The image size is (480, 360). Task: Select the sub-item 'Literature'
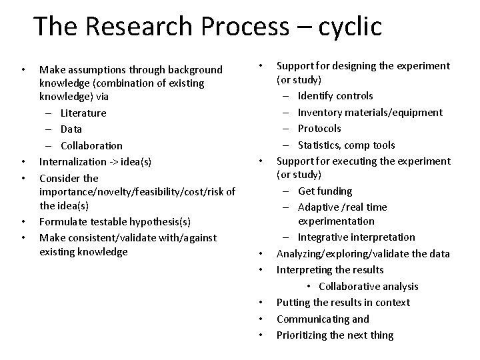(x=83, y=113)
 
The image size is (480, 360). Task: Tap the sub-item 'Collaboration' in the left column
(x=91, y=145)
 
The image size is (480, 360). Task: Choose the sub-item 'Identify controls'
(x=335, y=96)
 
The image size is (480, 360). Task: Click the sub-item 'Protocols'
(x=319, y=129)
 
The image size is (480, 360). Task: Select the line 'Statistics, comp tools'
(x=346, y=145)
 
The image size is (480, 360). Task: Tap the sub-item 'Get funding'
(x=325, y=191)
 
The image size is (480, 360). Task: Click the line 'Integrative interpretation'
(x=356, y=237)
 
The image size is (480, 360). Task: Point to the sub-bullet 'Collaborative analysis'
(x=368, y=286)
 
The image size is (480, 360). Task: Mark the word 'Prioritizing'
(x=302, y=335)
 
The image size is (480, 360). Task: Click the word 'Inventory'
(x=319, y=112)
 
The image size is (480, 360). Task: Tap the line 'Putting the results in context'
(x=343, y=303)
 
